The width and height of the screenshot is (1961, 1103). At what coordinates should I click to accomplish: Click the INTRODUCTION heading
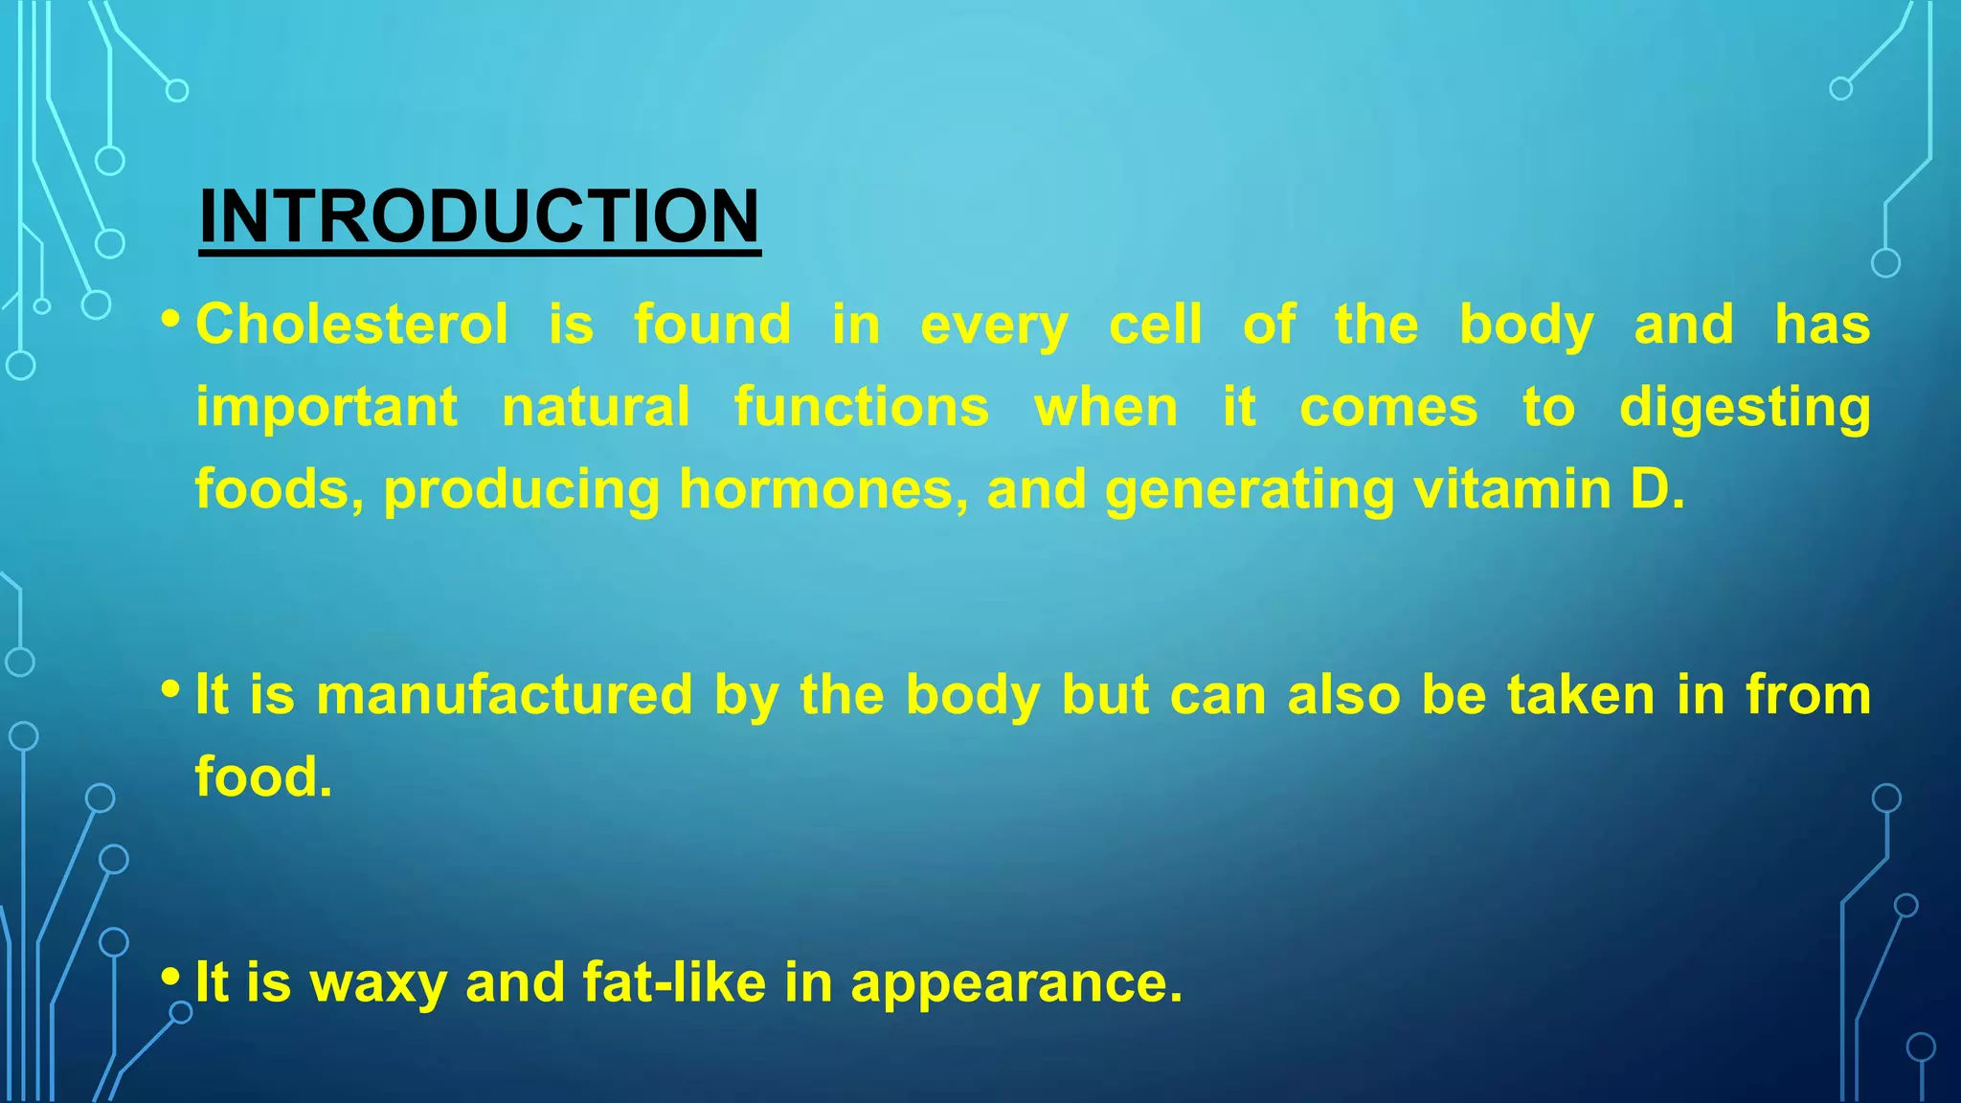[479, 216]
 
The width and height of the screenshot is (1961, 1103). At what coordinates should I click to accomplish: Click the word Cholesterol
[351, 325]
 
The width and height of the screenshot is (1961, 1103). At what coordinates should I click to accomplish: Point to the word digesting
[1744, 408]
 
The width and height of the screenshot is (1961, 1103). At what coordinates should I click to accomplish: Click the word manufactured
[504, 694]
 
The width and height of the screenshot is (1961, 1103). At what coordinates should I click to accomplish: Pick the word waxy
[378, 983]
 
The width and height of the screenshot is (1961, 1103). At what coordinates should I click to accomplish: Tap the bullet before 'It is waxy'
[170, 977]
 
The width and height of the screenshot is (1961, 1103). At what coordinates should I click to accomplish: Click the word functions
[862, 408]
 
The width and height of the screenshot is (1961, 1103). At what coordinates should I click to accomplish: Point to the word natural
[596, 408]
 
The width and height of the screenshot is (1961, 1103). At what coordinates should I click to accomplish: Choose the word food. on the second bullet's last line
[263, 777]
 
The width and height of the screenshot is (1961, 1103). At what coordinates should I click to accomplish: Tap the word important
[327, 408]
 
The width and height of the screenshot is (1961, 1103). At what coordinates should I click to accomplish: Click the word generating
[1250, 491]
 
